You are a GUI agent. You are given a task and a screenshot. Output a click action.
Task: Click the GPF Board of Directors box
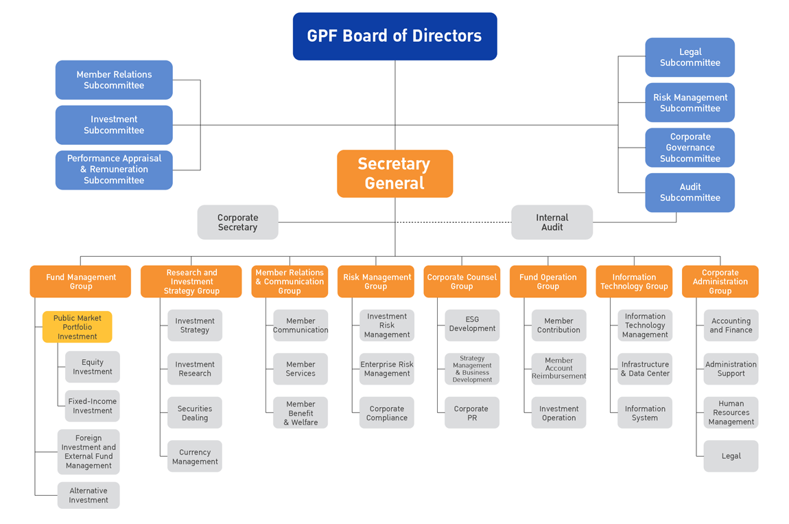pyautogui.click(x=394, y=36)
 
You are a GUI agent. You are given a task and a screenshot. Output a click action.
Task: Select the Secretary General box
pyautogui.click(x=394, y=174)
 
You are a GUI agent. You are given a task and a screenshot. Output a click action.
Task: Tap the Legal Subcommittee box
pyautogui.click(x=690, y=57)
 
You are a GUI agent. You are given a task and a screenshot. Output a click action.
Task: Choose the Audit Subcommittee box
pyautogui.click(x=690, y=192)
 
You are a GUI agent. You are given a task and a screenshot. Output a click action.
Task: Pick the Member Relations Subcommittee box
pyautogui.click(x=114, y=80)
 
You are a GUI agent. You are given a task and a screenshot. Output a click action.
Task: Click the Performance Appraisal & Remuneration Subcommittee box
pyautogui.click(x=114, y=170)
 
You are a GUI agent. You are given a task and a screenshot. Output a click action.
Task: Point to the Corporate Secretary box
pyautogui.click(x=237, y=223)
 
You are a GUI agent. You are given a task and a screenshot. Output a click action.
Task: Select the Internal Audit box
pyautogui.click(x=552, y=223)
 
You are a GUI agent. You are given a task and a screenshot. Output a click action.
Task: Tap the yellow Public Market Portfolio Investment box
pyautogui.click(x=77, y=327)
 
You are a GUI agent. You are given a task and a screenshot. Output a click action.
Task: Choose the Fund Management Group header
pyautogui.click(x=80, y=282)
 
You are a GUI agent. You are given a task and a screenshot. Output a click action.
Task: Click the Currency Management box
pyautogui.click(x=195, y=457)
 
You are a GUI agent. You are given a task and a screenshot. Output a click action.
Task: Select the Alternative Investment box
pyautogui.click(x=89, y=495)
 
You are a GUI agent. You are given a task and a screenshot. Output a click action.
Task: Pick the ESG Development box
pyautogui.click(x=472, y=324)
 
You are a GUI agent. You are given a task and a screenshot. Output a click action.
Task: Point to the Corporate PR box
pyautogui.click(x=472, y=413)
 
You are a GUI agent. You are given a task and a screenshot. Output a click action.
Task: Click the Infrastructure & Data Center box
pyautogui.click(x=644, y=369)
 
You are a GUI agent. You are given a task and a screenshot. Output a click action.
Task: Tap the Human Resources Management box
pyautogui.click(x=731, y=413)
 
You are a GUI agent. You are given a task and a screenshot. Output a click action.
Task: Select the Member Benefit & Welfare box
pyautogui.click(x=301, y=413)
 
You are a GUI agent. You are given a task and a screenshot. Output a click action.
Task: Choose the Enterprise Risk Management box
pyautogui.click(x=387, y=369)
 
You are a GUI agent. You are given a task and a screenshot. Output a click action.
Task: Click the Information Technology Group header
pyautogui.click(x=634, y=282)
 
